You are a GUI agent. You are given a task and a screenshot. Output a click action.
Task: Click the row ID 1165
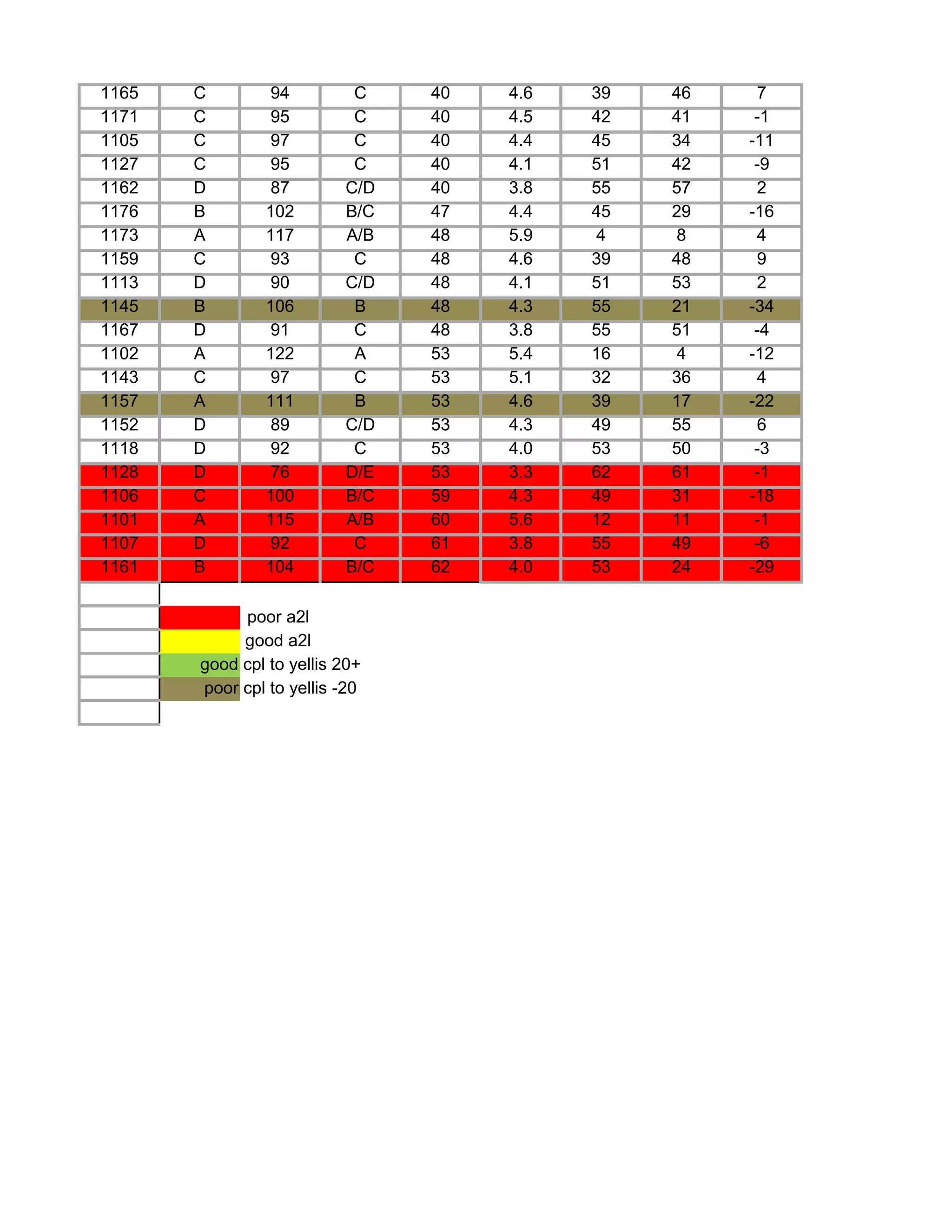pos(119,93)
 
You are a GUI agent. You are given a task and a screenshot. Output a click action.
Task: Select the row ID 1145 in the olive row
pos(119,307)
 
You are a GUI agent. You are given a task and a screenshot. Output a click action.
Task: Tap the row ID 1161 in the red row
pos(119,567)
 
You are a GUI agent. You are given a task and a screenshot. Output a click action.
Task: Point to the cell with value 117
pos(280,235)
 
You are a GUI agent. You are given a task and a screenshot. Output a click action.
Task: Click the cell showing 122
pos(280,354)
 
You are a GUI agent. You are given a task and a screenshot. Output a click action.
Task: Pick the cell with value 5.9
pos(521,235)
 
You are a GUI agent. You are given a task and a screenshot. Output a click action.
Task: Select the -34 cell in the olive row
pos(761,307)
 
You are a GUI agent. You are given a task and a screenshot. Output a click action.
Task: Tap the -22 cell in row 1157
pos(761,401)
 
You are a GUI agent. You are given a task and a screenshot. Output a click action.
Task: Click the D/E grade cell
pos(360,472)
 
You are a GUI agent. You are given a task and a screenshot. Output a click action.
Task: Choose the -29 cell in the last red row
pos(761,567)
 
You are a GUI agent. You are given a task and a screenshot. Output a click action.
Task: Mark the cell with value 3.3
pos(521,472)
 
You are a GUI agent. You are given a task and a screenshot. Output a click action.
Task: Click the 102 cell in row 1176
pos(280,211)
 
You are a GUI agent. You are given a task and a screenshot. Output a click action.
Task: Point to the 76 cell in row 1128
pos(280,472)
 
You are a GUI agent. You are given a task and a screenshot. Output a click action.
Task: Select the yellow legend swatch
pos(199,642)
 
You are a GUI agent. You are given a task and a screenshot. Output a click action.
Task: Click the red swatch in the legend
pos(199,617)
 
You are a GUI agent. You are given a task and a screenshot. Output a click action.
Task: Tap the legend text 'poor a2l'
pos(278,617)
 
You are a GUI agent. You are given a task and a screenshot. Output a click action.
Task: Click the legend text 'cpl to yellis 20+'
pos(302,665)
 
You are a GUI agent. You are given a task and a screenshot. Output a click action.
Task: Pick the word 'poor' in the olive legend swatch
pos(221,688)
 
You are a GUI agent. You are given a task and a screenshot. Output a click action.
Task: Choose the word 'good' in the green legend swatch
pos(219,665)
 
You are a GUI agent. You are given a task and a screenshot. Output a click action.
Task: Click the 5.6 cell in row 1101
pos(521,520)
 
